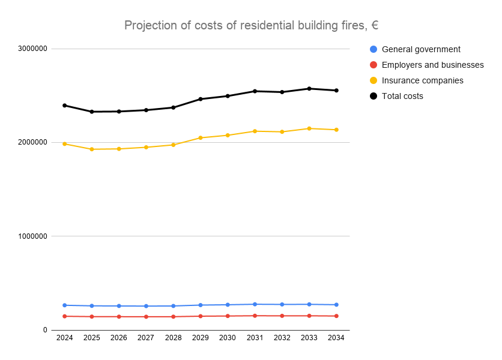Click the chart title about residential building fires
[251, 25]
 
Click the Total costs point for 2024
[64, 106]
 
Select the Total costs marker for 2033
[309, 89]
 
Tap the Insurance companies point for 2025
[92, 149]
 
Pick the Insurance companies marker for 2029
[201, 138]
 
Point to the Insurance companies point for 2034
[336, 130]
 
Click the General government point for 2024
[64, 305]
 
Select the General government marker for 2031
[255, 304]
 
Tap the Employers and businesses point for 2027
[146, 317]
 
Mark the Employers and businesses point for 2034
[336, 316]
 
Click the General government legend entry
[421, 49]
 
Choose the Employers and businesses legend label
[432, 65]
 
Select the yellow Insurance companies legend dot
[373, 80]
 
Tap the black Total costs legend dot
[373, 96]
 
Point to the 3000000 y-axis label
[32, 49]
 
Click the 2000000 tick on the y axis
[32, 142]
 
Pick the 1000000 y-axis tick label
[32, 236]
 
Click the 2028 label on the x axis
[173, 338]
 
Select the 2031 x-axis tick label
[255, 338]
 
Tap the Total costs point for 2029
[201, 99]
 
